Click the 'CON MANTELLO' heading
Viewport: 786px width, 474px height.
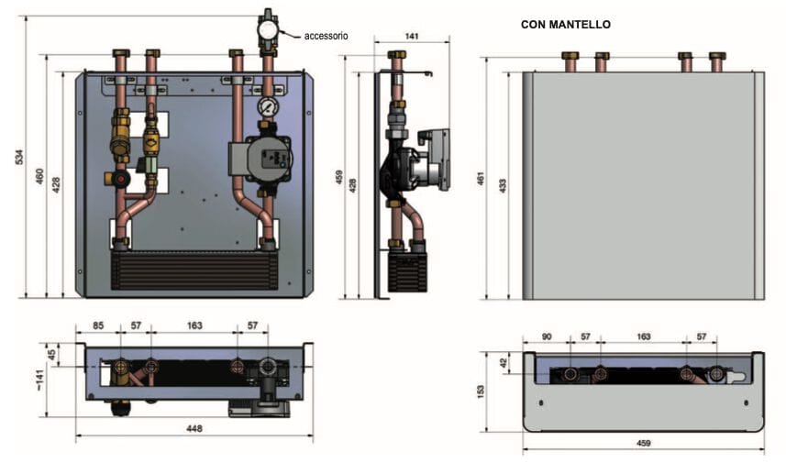point(565,25)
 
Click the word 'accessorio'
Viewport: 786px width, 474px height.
point(326,36)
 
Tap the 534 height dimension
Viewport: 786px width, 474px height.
point(20,157)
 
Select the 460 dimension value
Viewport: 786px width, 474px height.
point(39,175)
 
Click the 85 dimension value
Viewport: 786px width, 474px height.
point(97,325)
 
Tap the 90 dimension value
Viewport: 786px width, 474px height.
point(547,337)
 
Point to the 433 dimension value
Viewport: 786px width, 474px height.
point(501,184)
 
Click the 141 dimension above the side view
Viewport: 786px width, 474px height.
point(412,36)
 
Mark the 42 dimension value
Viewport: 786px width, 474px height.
point(503,362)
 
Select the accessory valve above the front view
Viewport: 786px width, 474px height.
point(268,28)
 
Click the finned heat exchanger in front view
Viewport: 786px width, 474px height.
point(194,271)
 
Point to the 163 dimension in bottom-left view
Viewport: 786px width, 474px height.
point(194,325)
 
